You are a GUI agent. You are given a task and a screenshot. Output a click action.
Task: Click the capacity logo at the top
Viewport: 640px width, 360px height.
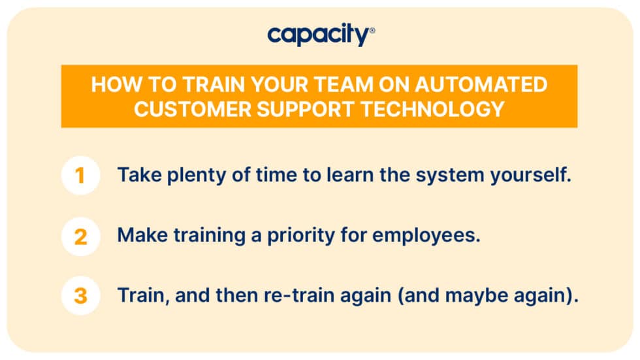point(319,35)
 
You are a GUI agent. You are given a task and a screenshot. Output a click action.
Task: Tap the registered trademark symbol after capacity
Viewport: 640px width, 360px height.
point(372,30)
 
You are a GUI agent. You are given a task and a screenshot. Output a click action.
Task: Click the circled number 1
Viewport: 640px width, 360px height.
point(80,176)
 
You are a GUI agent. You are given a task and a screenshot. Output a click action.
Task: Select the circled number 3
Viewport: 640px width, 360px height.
point(80,296)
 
